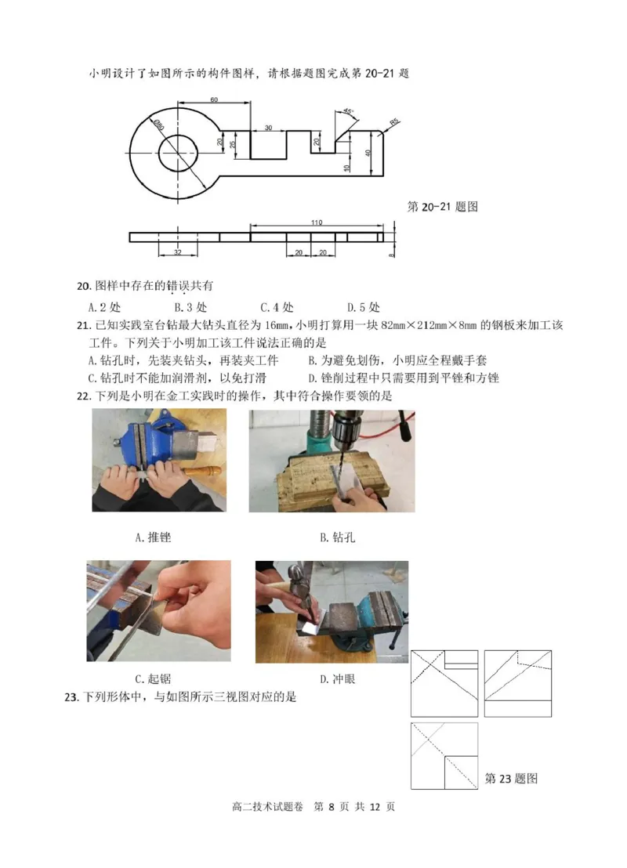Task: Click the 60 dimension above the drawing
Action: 213,99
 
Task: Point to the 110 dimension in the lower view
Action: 316,223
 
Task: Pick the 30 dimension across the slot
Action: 268,128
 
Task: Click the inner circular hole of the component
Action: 178,152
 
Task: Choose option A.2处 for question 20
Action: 104,307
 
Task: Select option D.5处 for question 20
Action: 363,307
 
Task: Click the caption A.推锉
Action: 153,537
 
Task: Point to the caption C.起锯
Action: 152,678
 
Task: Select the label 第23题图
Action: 511,779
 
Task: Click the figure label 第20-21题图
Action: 443,207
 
